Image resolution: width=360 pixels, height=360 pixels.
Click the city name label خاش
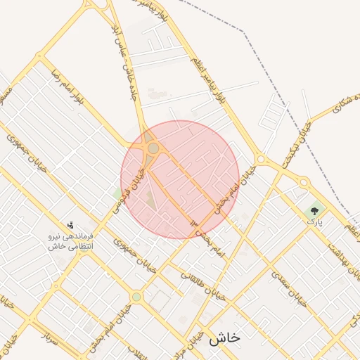[224, 337]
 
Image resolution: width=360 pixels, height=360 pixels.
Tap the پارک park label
[314, 221]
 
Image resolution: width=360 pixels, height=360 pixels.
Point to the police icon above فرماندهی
[70, 226]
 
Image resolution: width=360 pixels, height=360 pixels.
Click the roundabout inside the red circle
[153, 148]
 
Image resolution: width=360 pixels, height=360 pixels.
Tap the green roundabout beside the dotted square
[136, 297]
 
